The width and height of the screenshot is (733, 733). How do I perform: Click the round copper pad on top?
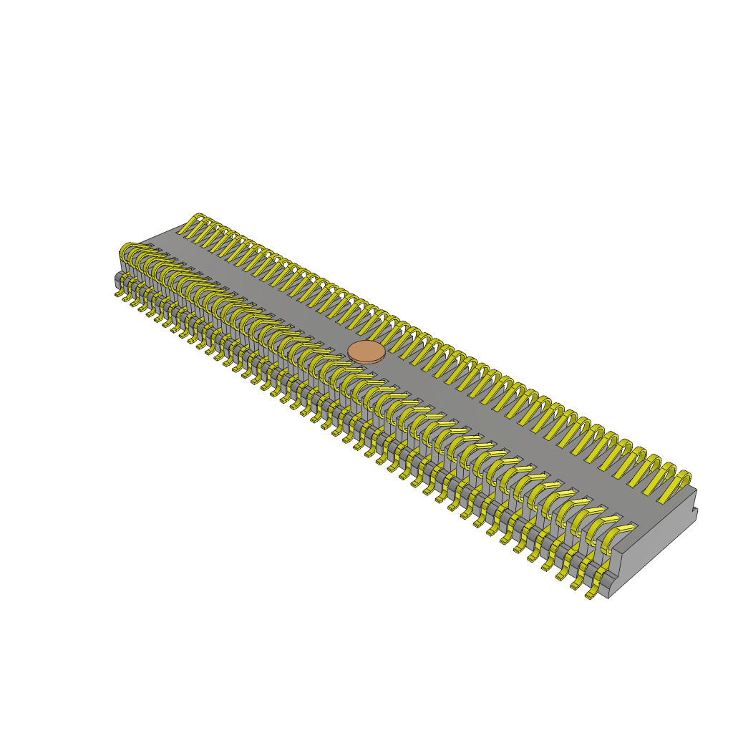(x=366, y=352)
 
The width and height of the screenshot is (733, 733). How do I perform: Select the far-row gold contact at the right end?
(x=676, y=486)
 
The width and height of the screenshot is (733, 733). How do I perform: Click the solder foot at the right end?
(x=591, y=594)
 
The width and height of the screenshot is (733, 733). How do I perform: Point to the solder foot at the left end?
(x=118, y=293)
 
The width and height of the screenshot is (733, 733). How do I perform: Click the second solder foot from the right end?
(x=576, y=586)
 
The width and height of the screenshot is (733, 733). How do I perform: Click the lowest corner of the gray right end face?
(x=608, y=598)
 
